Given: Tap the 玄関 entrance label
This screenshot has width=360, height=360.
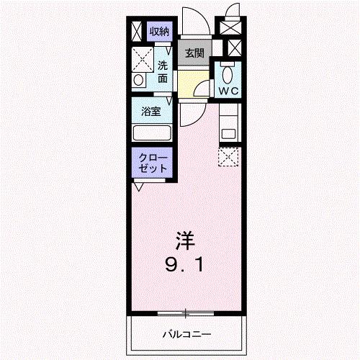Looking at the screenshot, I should click(x=194, y=53).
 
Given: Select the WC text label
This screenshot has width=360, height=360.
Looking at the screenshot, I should click(x=229, y=91).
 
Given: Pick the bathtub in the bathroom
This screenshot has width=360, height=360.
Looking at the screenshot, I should click(x=151, y=132).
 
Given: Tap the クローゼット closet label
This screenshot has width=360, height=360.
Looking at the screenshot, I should click(x=151, y=161).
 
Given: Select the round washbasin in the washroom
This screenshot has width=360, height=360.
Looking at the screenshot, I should click(x=138, y=79).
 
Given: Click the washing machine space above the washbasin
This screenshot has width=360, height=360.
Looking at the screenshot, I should click(x=143, y=57).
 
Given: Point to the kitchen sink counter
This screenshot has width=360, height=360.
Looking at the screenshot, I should click(x=230, y=124).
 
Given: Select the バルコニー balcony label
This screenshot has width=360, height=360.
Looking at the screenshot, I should click(x=186, y=335).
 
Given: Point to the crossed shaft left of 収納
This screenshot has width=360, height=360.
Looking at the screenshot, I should click(x=137, y=30).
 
